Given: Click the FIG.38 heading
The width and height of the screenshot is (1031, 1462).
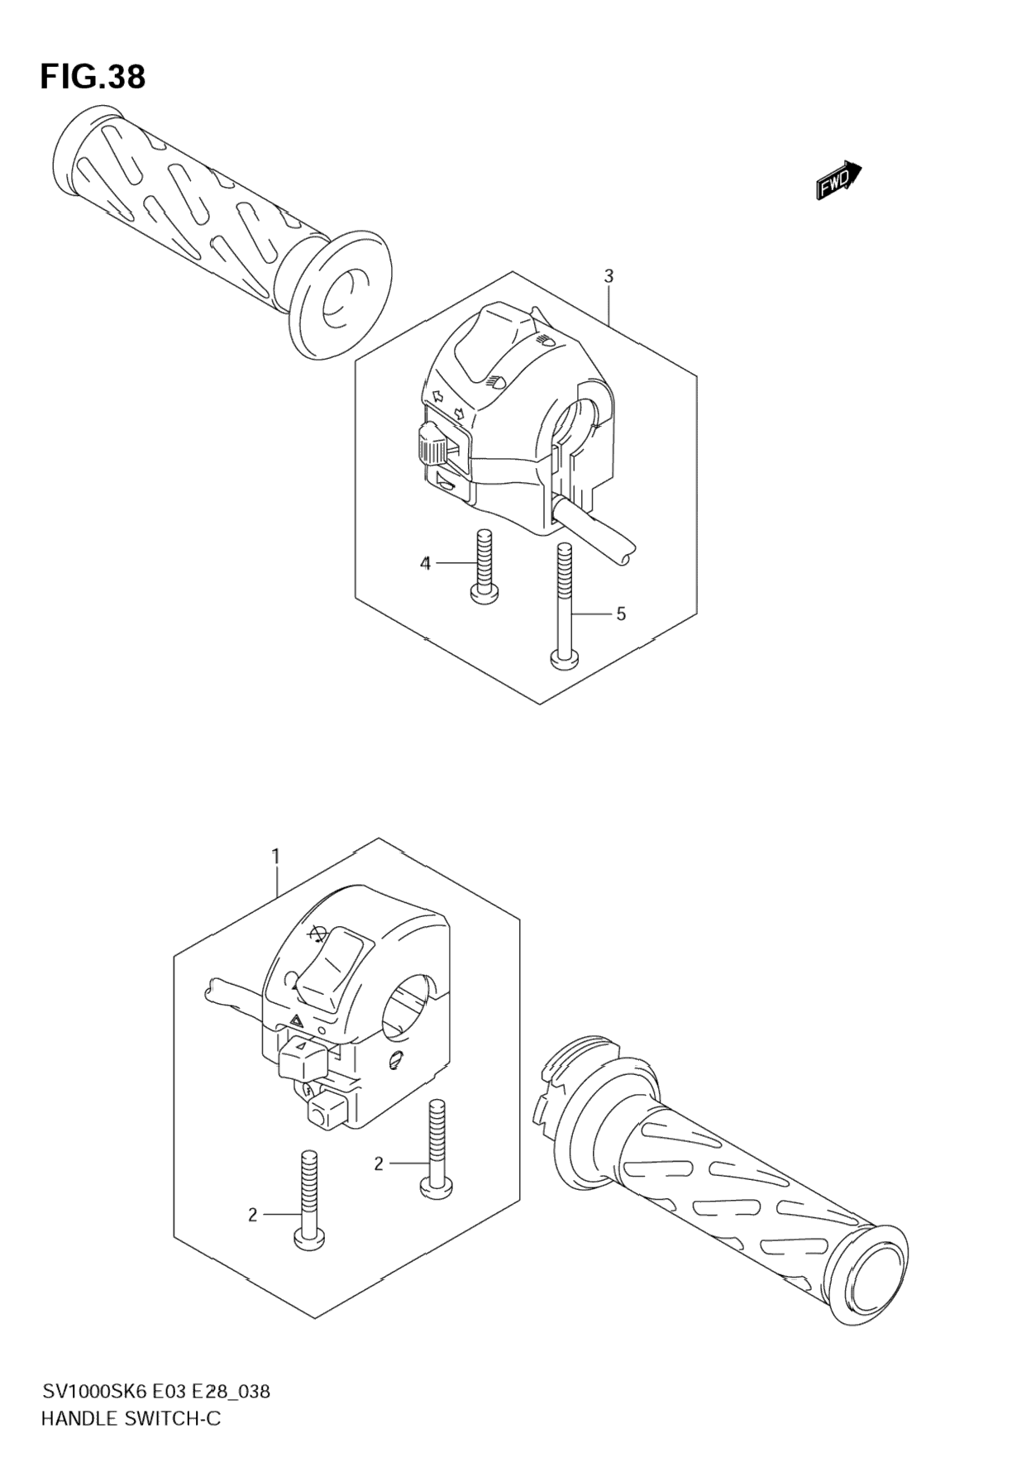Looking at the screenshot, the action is tap(93, 77).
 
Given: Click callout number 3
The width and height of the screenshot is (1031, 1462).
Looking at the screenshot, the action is tap(609, 276).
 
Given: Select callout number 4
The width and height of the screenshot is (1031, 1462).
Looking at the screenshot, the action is tap(425, 564).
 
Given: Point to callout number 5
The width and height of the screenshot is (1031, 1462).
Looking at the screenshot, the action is tap(620, 614).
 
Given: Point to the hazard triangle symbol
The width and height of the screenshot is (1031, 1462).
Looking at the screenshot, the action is tap(295, 1024).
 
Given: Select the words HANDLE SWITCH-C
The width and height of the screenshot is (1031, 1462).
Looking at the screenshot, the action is tap(131, 1420).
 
